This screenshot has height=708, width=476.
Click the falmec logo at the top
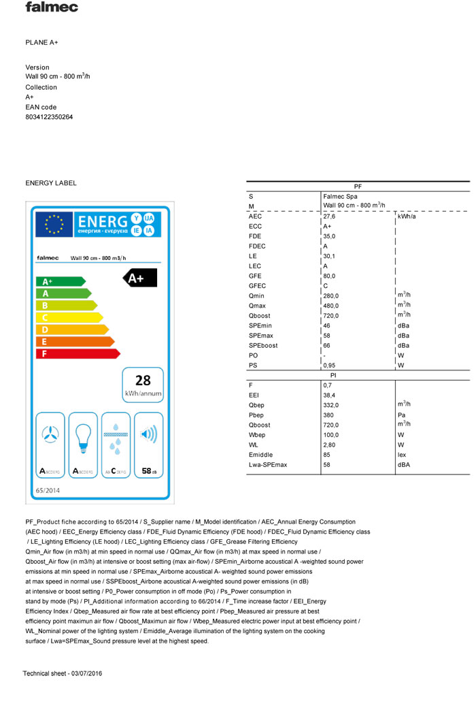[x=52, y=7]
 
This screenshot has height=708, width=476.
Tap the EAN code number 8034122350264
[x=49, y=117]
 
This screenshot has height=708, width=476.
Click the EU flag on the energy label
[x=54, y=224]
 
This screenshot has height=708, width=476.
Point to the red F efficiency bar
[x=77, y=354]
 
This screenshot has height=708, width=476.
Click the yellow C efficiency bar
[x=68, y=317]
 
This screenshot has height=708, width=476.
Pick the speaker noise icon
[x=148, y=434]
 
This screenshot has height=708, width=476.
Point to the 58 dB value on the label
[x=149, y=470]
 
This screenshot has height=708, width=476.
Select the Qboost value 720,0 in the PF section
[x=330, y=315]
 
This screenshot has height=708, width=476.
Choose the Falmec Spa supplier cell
[x=339, y=196]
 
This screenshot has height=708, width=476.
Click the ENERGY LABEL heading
[x=51, y=183]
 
